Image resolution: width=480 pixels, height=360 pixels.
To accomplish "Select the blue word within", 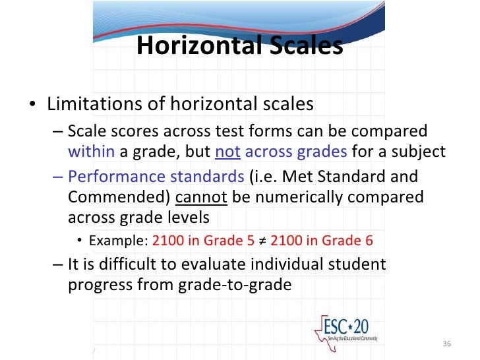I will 92,152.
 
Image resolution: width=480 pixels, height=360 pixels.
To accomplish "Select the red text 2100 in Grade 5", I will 203,240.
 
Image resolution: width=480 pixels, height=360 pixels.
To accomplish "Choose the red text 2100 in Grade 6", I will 322,240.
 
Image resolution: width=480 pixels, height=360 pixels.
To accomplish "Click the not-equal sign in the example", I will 262,240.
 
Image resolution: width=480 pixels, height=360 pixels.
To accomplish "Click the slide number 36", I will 446,344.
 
